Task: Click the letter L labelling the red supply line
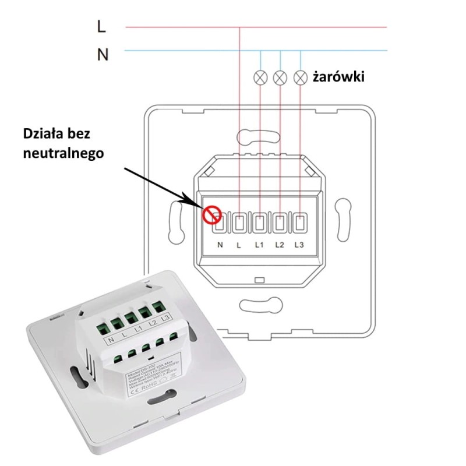tap(102, 27)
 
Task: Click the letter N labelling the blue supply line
tap(103, 55)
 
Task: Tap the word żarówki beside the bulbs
tap(338, 76)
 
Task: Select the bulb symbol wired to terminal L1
tap(260, 76)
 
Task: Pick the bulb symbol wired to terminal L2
tap(281, 76)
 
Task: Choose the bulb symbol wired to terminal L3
tap(301, 76)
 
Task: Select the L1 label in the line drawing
tap(259, 245)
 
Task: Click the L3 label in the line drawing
tap(299, 245)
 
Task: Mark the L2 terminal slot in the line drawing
tap(280, 221)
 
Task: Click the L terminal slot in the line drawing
tap(240, 221)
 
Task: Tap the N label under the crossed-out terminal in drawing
tap(220, 245)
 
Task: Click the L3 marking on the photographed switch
tap(165, 317)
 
